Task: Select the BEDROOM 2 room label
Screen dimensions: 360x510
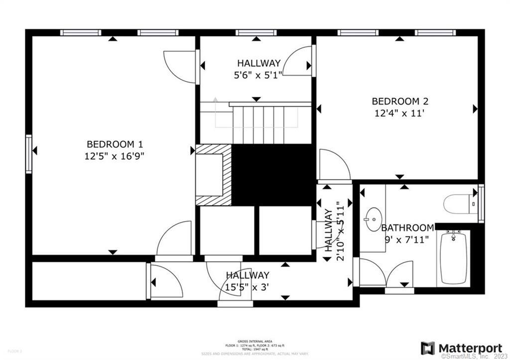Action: click(400, 102)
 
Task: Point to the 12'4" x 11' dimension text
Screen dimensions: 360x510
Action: click(400, 113)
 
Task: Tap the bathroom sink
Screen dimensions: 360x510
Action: click(372, 219)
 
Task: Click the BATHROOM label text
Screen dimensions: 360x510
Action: click(407, 228)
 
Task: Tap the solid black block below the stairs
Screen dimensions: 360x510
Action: click(273, 174)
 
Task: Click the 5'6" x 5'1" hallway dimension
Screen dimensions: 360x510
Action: click(258, 75)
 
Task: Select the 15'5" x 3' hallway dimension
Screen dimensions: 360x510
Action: click(248, 287)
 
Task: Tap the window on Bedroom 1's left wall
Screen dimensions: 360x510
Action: click(29, 154)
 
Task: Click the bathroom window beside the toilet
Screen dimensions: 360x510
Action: click(481, 203)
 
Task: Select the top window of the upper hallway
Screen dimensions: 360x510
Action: click(256, 33)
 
